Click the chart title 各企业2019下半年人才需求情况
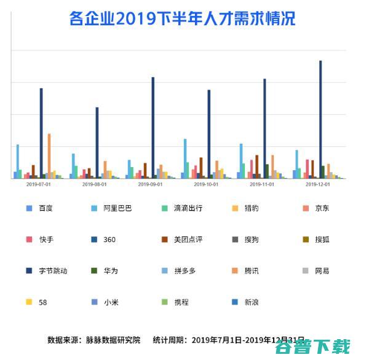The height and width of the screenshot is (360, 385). click(x=183, y=18)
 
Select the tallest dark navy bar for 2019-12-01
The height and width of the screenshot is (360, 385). click(x=320, y=119)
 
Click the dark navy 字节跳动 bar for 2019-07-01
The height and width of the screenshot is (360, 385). click(x=41, y=133)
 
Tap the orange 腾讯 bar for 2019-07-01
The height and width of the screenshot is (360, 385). click(x=49, y=156)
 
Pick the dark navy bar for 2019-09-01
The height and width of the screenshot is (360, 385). click(x=153, y=128)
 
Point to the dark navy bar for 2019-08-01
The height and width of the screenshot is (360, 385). click(x=97, y=143)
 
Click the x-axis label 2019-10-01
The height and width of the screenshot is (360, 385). click(x=206, y=184)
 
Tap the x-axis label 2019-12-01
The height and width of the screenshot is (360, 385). click(x=318, y=184)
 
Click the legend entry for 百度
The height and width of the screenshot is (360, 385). click(x=45, y=208)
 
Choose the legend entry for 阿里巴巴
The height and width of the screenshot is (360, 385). click(x=117, y=208)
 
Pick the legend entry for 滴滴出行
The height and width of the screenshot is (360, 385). click(x=188, y=208)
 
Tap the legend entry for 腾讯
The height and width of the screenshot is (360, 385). click(x=252, y=270)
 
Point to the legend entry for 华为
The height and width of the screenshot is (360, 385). click(x=111, y=270)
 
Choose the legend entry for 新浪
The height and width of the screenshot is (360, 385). click(x=252, y=302)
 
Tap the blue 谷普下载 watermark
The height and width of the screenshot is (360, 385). click(x=312, y=347)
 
